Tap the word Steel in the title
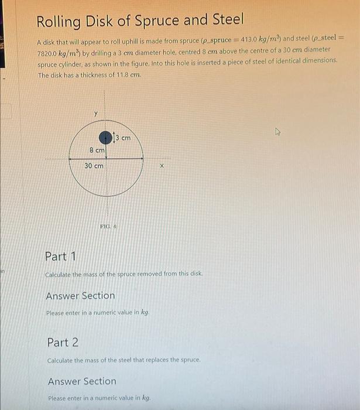[x=225, y=20]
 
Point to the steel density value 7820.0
[x=52, y=52]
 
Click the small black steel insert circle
[x=105, y=138]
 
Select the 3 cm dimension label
[x=123, y=138]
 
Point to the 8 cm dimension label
[x=97, y=151]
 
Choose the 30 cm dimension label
[x=94, y=166]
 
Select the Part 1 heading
[x=61, y=257]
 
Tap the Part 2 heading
[x=63, y=342]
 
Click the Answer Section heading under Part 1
[x=80, y=296]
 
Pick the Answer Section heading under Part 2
[x=82, y=381]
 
